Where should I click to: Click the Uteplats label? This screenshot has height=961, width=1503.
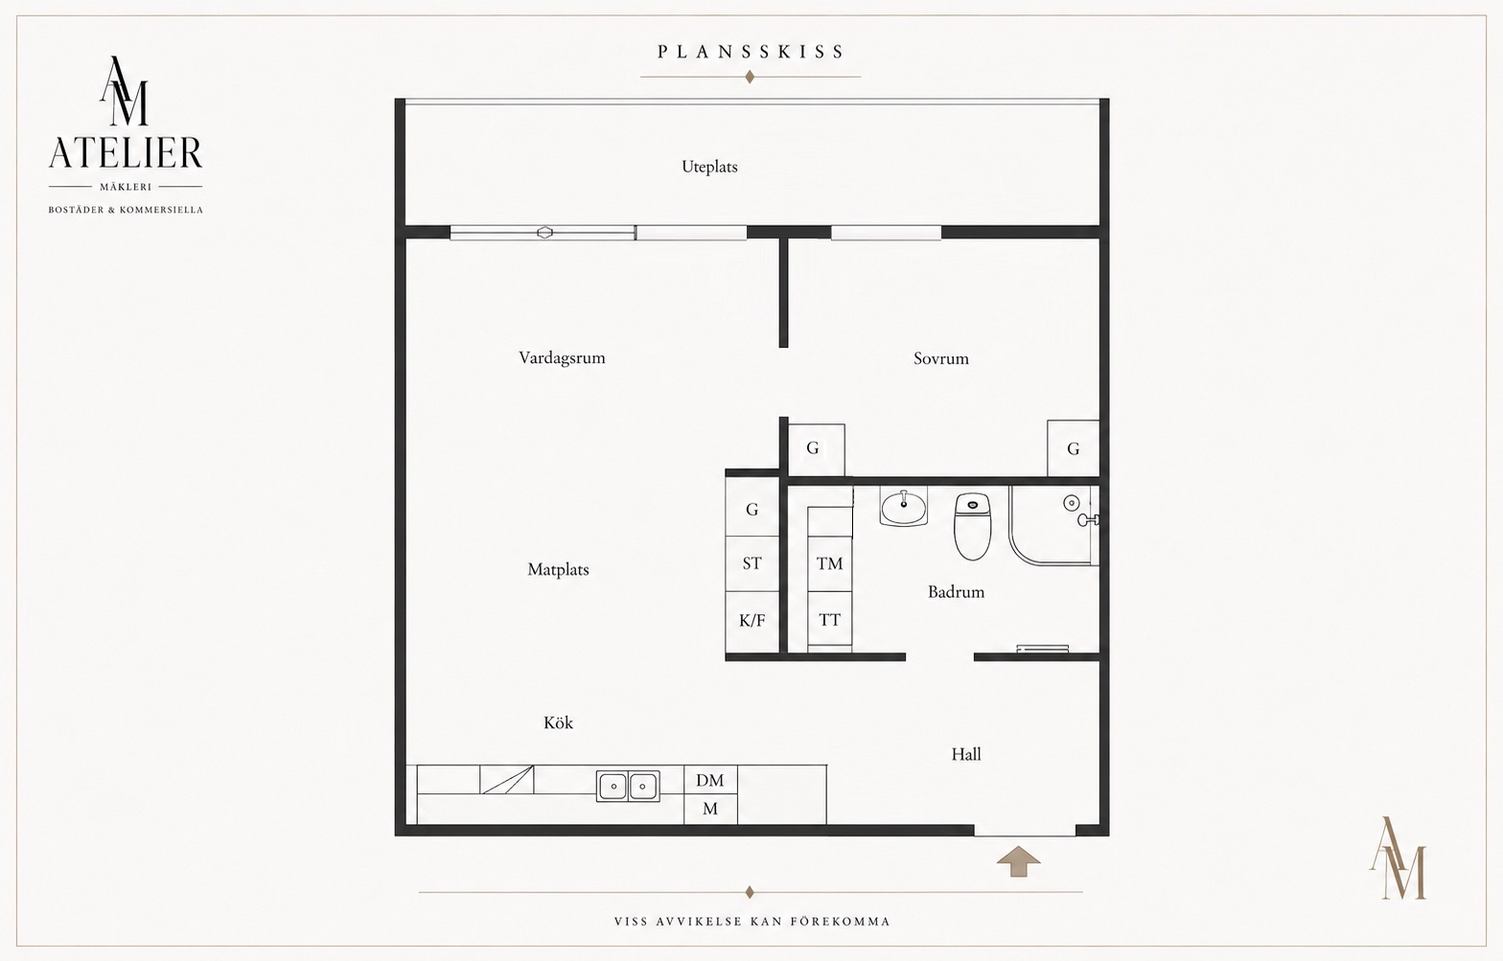tap(709, 167)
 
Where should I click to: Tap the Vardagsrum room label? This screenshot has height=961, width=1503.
tap(562, 358)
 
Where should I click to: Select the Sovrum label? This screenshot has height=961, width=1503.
tap(940, 358)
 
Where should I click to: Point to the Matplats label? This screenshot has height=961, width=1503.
tap(558, 569)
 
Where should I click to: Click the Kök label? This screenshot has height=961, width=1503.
tap(558, 722)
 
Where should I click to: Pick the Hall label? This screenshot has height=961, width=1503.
tap(965, 754)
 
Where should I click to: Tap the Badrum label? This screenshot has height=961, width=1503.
tap(956, 591)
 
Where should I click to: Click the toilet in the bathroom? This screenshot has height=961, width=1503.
tap(972, 526)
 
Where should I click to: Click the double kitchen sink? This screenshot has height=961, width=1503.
tap(627, 786)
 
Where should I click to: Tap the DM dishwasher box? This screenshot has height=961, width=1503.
tap(710, 780)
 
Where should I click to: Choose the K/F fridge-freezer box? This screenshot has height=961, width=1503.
tap(752, 621)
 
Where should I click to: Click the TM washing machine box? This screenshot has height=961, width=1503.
tap(830, 564)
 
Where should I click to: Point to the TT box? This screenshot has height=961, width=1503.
tap(830, 619)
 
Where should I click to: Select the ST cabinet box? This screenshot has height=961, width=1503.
tap(752, 563)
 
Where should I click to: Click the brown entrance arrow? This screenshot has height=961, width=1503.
tap(1019, 861)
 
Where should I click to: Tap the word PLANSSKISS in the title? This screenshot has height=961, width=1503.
tap(751, 53)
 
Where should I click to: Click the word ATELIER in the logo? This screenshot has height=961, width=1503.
tap(126, 152)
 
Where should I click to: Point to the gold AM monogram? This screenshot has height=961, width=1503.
tap(1398, 858)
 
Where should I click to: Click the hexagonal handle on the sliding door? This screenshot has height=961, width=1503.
tap(544, 233)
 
